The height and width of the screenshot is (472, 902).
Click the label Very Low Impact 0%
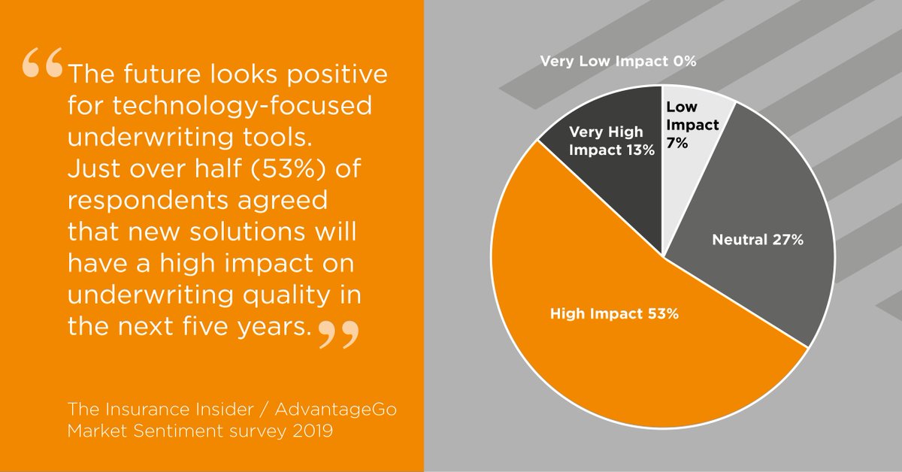tap(618, 62)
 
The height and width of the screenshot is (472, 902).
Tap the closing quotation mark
tap(335, 334)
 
